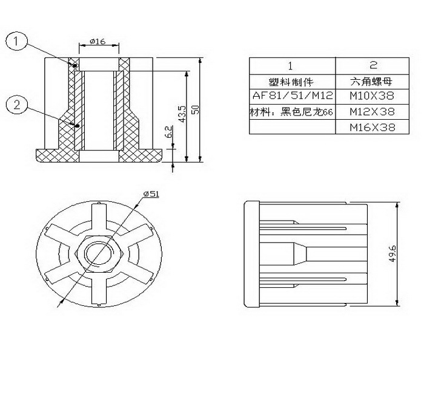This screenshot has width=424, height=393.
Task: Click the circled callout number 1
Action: tap(16, 41)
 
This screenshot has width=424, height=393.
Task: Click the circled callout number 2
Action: tap(17, 104)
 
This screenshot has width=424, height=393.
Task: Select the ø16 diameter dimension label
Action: tap(98, 41)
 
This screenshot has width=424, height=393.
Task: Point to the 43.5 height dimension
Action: tap(182, 114)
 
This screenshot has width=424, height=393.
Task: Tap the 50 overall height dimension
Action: tap(195, 109)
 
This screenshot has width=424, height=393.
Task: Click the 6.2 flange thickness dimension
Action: tap(168, 132)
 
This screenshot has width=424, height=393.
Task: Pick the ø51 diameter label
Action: tap(151, 193)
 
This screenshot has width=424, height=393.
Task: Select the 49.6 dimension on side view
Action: tap(393, 253)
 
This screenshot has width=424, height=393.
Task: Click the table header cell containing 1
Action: tap(293, 66)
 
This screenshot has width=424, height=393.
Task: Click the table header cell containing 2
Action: tap(373, 66)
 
